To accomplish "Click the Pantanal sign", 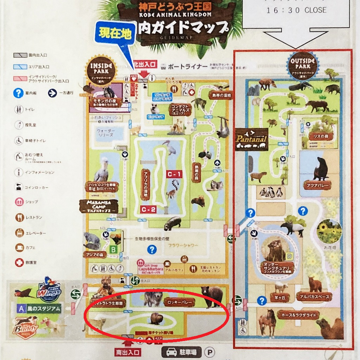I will pyautogui.click(x=251, y=139).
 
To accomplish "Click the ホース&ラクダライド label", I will pyautogui.click(x=298, y=314).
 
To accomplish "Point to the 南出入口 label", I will pyautogui.click(x=128, y=352).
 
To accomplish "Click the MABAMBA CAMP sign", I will pyautogui.click(x=98, y=206).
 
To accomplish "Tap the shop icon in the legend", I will pyautogui.click(x=19, y=202).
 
